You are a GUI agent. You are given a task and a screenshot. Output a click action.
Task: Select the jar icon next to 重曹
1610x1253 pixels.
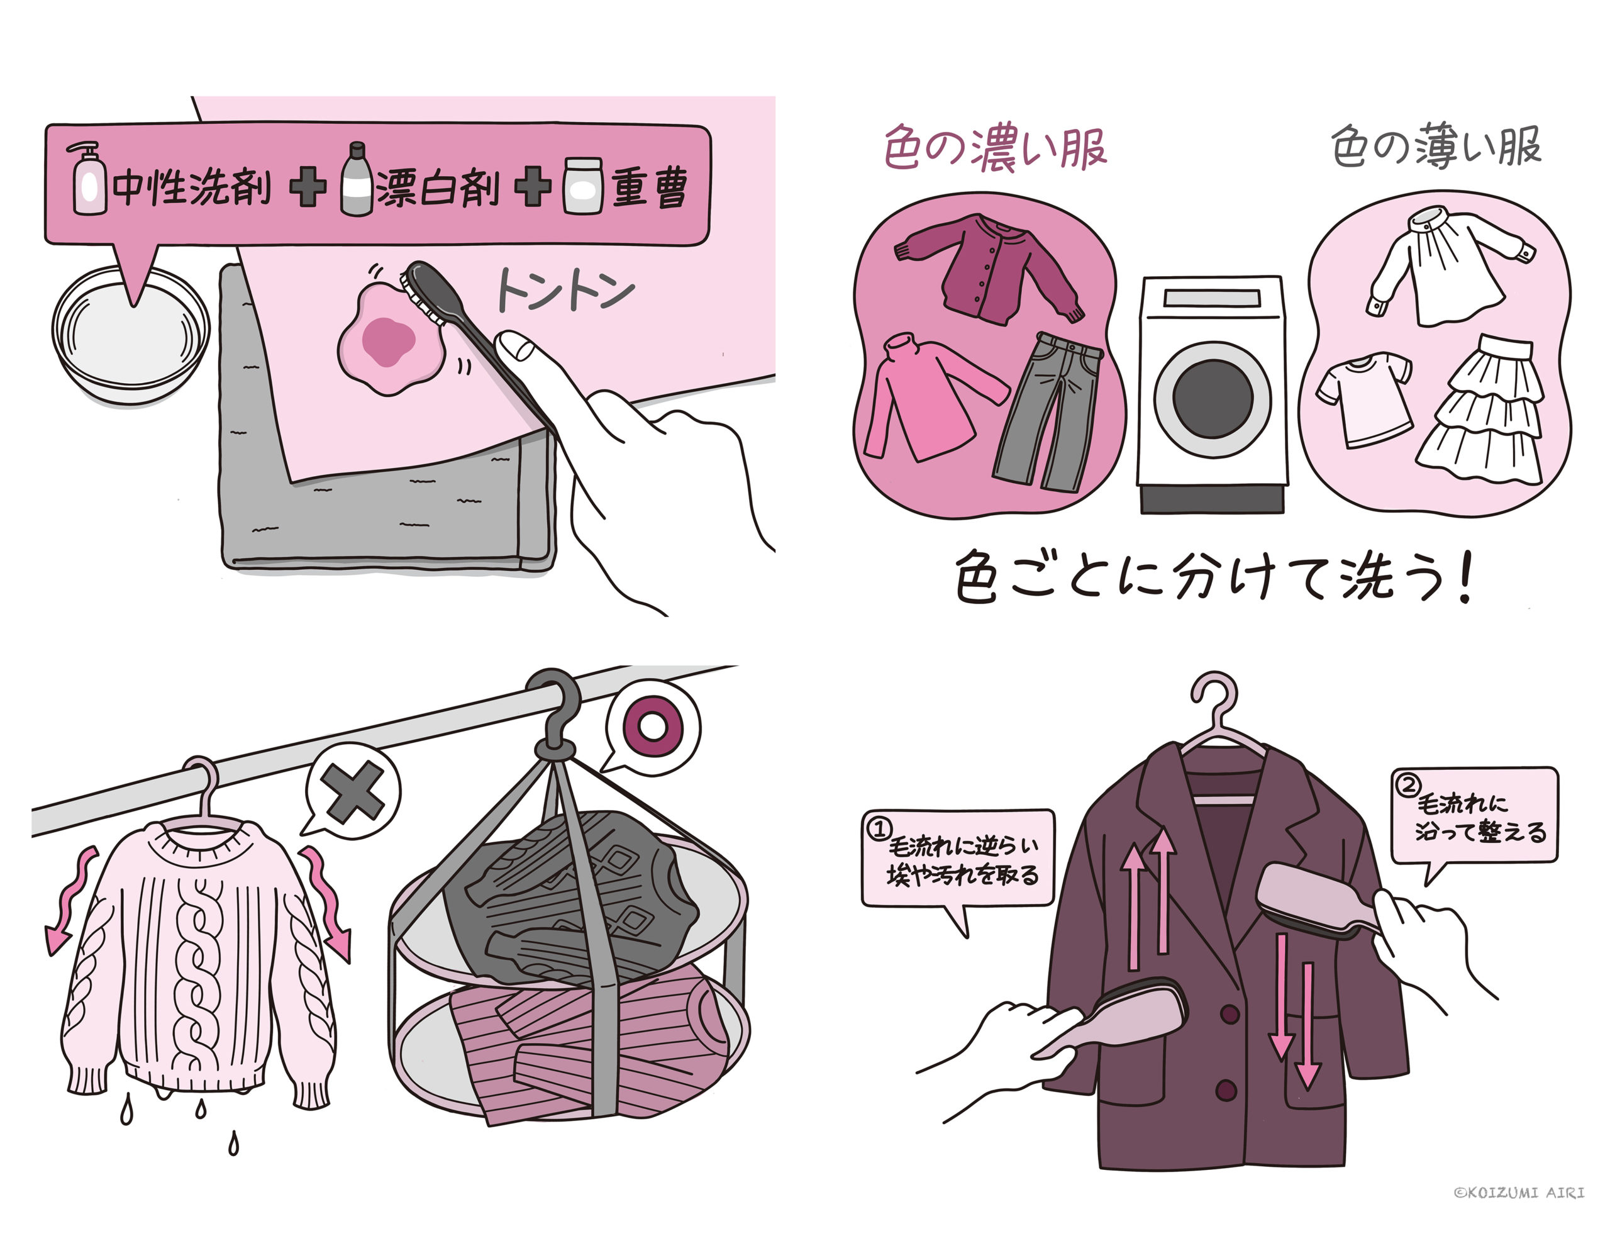tap(583, 186)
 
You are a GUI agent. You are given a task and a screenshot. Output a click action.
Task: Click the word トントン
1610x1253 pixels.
tap(565, 291)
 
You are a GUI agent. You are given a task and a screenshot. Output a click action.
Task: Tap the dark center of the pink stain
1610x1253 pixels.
tap(389, 342)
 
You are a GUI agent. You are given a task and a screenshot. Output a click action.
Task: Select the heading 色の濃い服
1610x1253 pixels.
tap(994, 148)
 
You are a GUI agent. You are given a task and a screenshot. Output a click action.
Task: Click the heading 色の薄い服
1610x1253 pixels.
tap(1436, 146)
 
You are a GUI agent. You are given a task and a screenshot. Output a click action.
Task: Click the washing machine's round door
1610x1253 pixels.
tap(1212, 399)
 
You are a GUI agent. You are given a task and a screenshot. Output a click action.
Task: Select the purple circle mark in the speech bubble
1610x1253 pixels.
tap(652, 725)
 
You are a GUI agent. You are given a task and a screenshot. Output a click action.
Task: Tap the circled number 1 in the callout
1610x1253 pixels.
tap(879, 829)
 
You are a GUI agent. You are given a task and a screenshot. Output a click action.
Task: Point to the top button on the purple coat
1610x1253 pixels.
tap(1229, 1014)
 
